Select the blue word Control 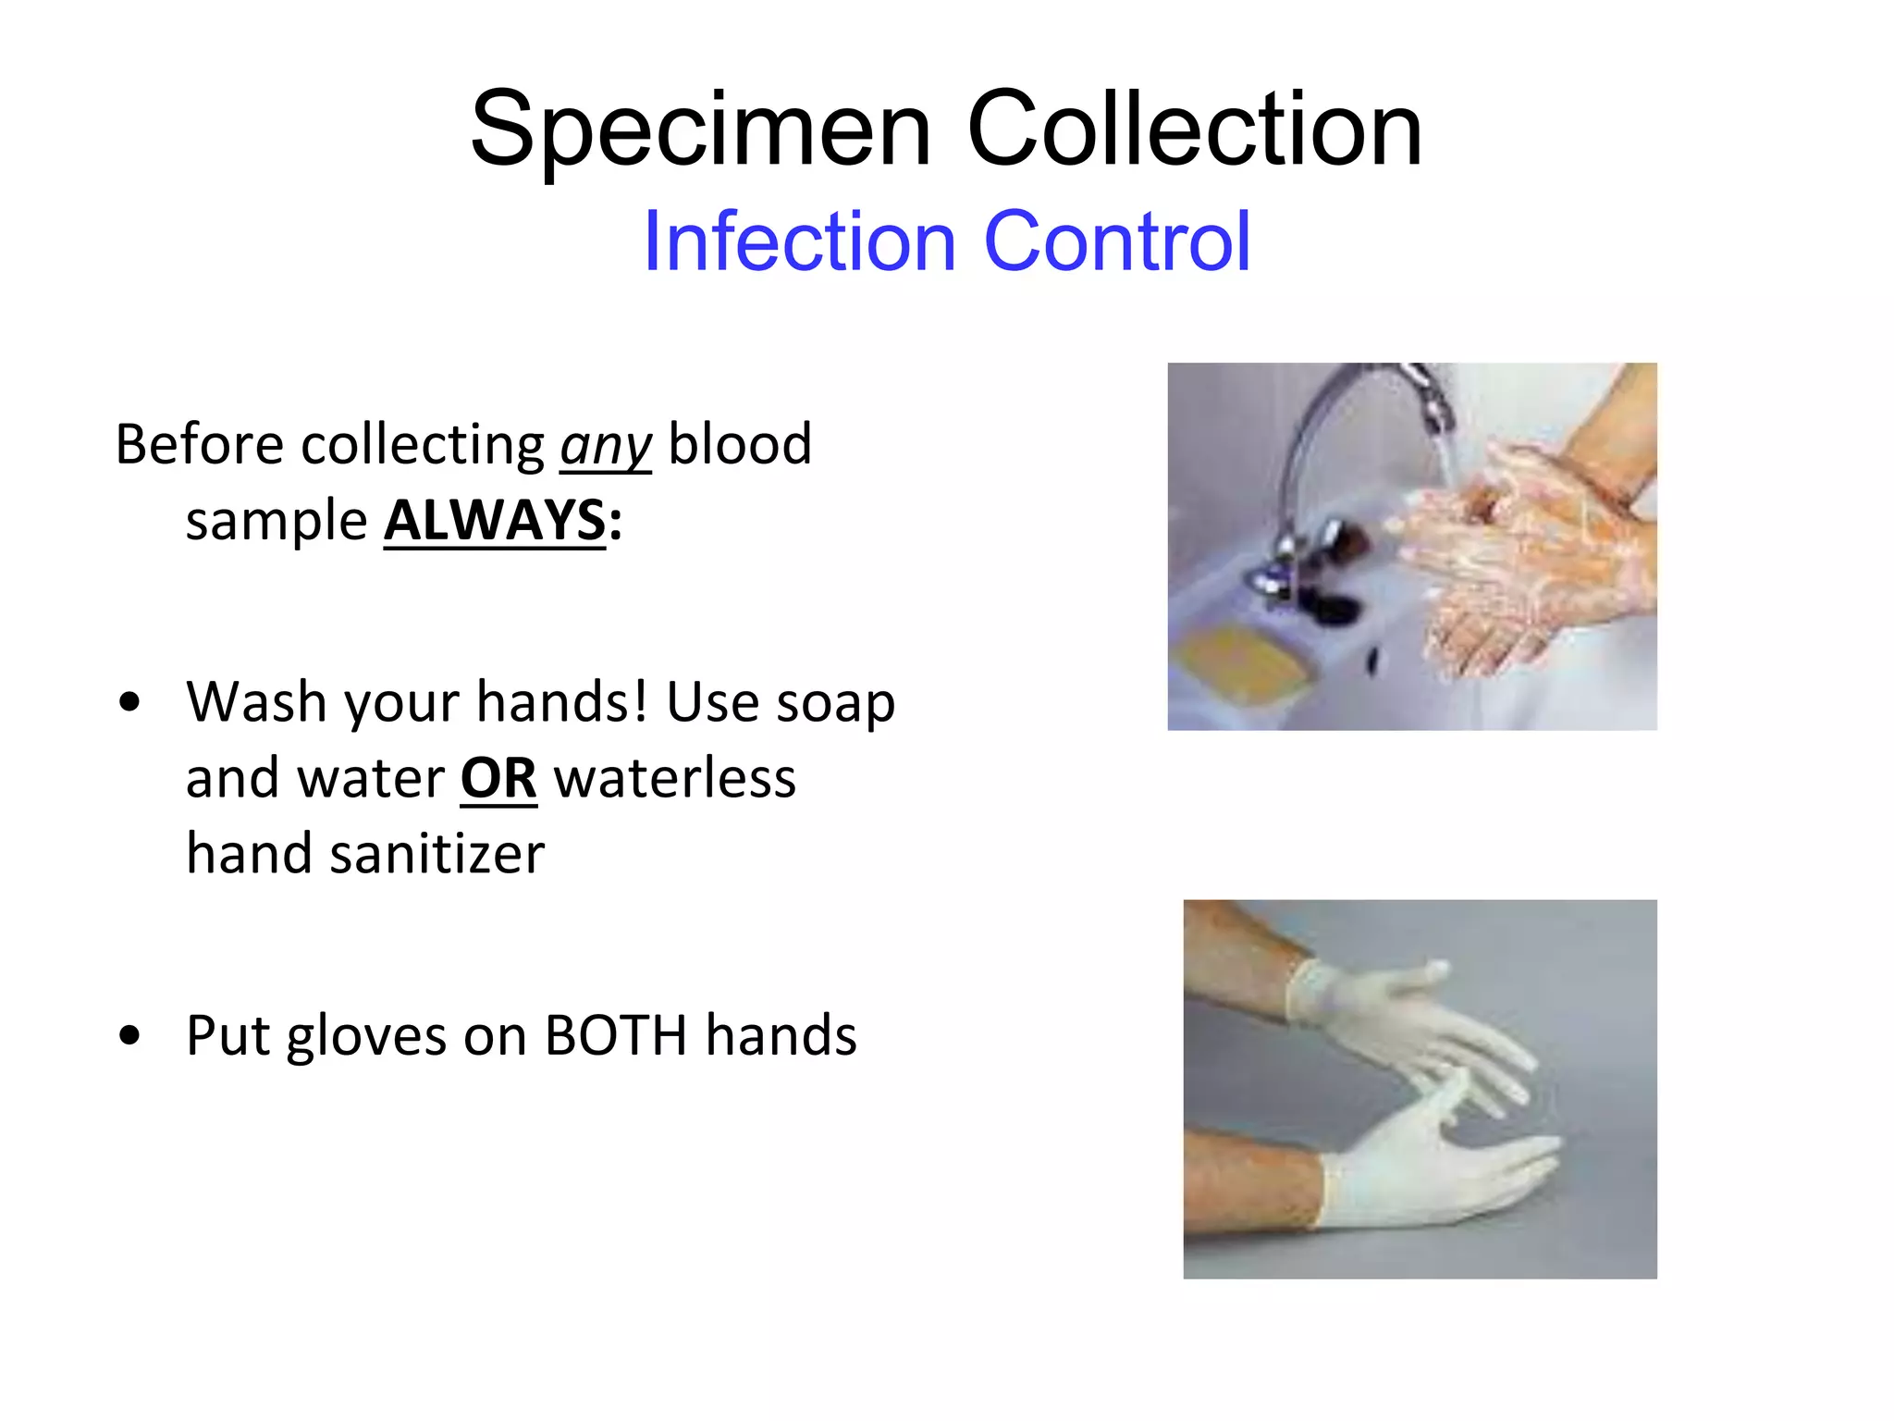1117,241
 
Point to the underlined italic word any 606,446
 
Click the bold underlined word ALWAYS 495,520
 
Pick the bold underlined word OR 498,778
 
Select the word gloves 366,1036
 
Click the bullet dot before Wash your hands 129,702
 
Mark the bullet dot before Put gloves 129,1035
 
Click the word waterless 674,778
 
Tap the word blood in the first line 740,444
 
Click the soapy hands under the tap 1517,555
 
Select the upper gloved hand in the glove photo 1406,1018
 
